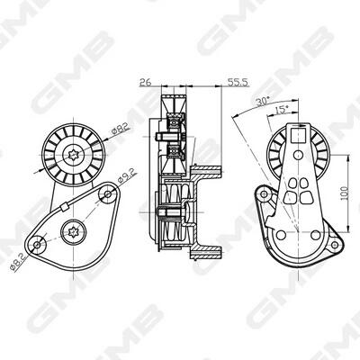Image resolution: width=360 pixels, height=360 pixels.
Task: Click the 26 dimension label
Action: [x=146, y=82]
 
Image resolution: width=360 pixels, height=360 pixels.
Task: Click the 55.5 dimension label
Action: [x=238, y=82]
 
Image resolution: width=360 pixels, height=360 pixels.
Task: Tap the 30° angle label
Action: [x=263, y=101]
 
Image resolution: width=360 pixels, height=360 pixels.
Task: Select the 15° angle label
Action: [x=281, y=111]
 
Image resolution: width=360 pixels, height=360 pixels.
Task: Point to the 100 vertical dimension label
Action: [x=345, y=193]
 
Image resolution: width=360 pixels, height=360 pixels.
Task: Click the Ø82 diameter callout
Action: [x=120, y=130]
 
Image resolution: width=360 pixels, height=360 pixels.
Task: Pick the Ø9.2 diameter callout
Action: [x=127, y=175]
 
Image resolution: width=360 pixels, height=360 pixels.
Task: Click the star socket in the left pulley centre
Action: [x=74, y=155]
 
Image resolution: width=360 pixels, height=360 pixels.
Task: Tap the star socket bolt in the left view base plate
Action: [x=74, y=232]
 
